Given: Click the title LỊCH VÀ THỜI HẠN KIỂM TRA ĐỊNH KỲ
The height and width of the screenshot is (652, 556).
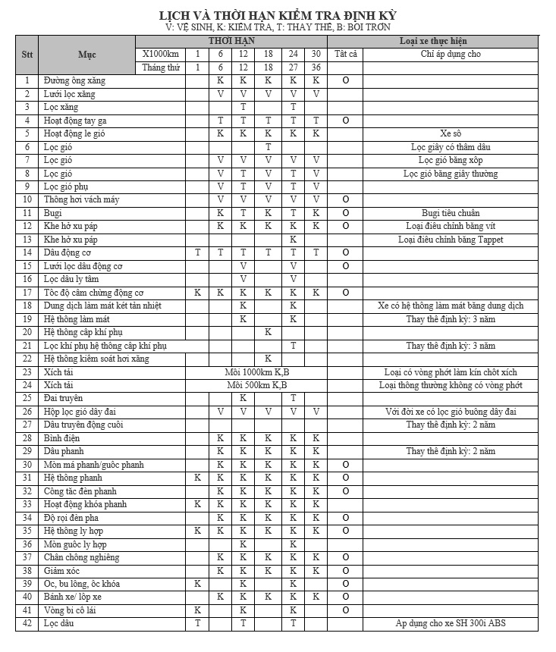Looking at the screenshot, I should click(278, 15).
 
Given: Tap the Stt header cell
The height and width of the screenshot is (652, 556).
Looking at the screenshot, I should click(27, 55).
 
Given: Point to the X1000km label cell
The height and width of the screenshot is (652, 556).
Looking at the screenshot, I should click(161, 55).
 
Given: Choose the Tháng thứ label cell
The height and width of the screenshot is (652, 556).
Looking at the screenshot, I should click(161, 67).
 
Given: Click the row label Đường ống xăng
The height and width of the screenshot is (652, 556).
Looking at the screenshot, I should click(74, 80).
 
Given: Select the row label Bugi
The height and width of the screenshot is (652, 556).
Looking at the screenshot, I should click(53, 213).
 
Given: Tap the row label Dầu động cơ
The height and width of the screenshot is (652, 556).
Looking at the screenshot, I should click(68, 252).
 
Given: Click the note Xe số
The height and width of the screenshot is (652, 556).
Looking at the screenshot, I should click(451, 133).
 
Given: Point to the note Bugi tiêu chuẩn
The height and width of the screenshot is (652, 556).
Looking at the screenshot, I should click(451, 213).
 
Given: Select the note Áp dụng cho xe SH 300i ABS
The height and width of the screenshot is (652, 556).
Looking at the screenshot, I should click(451, 624).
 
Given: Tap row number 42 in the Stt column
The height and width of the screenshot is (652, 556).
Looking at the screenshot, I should click(27, 624).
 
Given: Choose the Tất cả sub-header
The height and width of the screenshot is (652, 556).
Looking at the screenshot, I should click(345, 55).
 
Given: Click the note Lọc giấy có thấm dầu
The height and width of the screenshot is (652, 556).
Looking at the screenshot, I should click(451, 147).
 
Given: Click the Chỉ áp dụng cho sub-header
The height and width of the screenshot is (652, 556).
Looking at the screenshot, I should click(451, 55).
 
